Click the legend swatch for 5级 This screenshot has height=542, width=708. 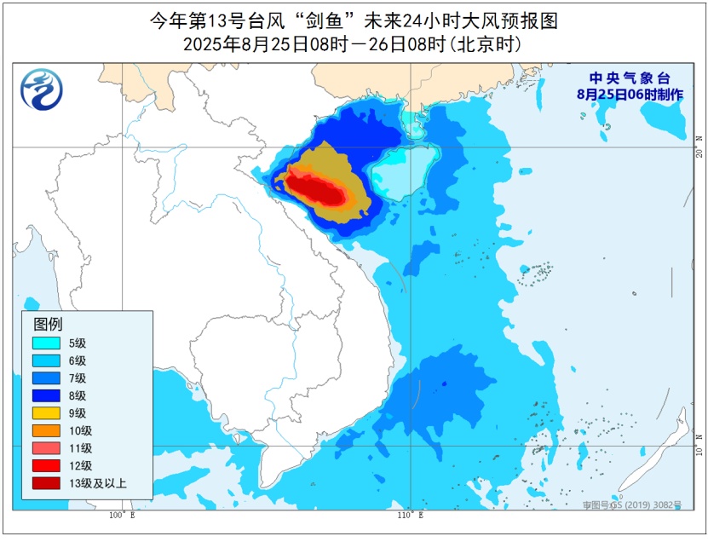click(46, 343)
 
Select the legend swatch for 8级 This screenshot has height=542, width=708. click(46, 395)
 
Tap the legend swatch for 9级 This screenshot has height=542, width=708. click(46, 412)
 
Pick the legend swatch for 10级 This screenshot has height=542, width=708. click(46, 430)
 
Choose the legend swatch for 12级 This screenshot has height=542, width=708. click(46, 465)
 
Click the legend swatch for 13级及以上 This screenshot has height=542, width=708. click(46, 483)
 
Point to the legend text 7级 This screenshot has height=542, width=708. click(78, 378)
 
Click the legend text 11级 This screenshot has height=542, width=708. click(80, 448)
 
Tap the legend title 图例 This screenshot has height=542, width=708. click(48, 324)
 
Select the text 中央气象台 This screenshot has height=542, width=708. click(629, 78)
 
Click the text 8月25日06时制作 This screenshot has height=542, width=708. click(629, 95)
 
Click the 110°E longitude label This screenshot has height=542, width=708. click(410, 516)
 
